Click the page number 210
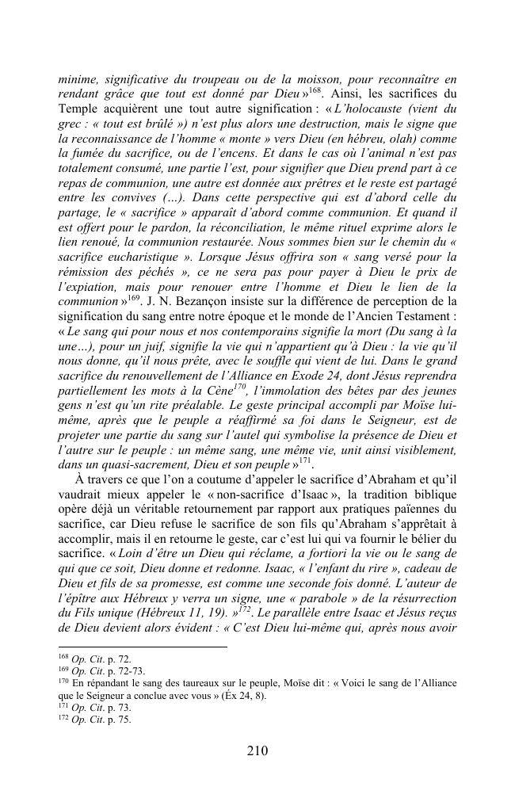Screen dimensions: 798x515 tap(257, 751)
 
